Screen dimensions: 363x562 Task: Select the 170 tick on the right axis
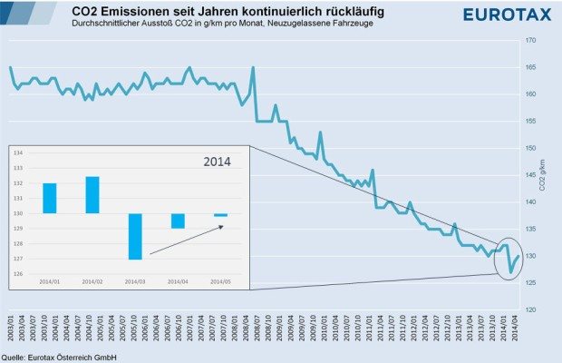coord(532,40)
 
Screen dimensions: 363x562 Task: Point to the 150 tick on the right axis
coord(532,148)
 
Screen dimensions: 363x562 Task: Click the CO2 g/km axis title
coord(543,175)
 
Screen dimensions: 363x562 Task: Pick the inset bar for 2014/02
coord(92,194)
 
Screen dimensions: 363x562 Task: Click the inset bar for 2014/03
coord(135,236)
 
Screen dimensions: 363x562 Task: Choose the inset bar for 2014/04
coord(178,221)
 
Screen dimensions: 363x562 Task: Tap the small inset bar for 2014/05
coord(221,214)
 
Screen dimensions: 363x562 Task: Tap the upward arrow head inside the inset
coord(221,226)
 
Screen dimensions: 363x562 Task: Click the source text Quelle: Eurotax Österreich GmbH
coord(60,357)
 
